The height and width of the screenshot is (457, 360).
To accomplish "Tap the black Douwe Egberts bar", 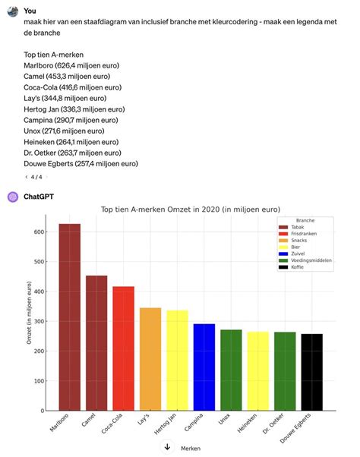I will (x=311, y=372).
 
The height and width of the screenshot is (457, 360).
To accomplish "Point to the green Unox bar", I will (x=231, y=370).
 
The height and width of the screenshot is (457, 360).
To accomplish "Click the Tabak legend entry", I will (x=295, y=227).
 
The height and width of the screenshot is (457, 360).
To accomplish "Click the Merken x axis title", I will (x=191, y=449).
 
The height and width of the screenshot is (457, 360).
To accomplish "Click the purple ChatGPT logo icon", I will (x=13, y=197).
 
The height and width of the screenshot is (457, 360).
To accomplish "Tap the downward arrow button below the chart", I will (x=166, y=447).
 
